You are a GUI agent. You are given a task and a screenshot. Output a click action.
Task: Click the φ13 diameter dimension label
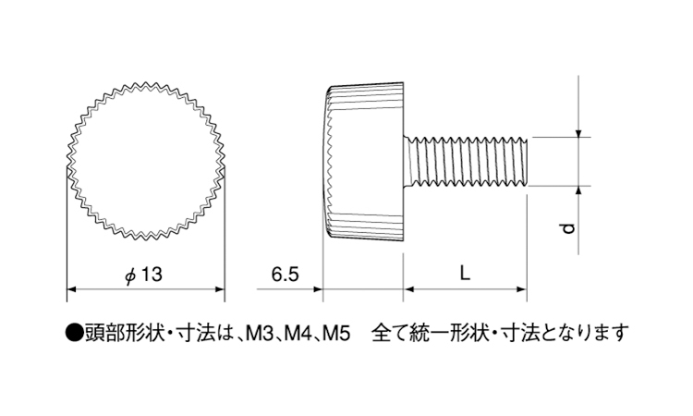[x=143, y=275]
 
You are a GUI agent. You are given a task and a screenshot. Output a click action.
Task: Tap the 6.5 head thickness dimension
[x=286, y=275]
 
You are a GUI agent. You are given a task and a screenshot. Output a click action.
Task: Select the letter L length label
[x=465, y=274]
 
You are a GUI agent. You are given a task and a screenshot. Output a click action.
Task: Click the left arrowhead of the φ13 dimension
[x=71, y=289]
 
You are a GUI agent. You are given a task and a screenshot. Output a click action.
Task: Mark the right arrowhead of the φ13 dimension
[x=220, y=289]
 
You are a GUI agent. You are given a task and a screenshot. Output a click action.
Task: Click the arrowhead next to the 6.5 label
[x=318, y=289]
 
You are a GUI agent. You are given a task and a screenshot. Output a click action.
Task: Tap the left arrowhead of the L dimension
[x=408, y=289]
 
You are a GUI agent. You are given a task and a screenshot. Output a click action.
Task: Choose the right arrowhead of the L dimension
[x=521, y=289]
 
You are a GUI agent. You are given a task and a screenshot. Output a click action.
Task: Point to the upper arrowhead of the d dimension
[x=578, y=132]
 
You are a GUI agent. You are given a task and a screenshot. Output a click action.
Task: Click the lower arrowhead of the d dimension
[x=578, y=191]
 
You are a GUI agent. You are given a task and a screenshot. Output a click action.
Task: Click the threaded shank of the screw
[x=466, y=162]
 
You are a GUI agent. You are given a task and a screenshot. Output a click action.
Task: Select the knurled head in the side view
[x=363, y=162]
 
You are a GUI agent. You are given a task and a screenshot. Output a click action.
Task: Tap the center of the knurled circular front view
[x=145, y=162]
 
